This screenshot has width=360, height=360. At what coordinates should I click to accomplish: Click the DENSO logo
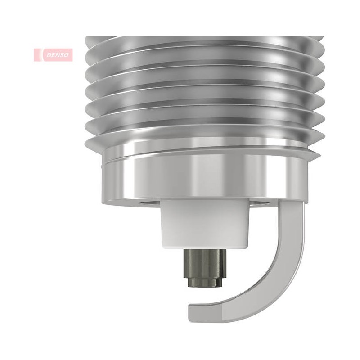click(x=53, y=55)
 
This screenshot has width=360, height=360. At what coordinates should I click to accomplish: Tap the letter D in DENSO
click(x=49, y=55)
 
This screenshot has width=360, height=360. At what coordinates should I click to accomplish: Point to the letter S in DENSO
click(x=61, y=55)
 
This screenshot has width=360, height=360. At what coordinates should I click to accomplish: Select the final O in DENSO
click(x=66, y=55)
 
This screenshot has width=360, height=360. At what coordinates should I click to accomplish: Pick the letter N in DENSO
click(x=57, y=55)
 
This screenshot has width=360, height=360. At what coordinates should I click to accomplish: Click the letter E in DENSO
click(x=53, y=55)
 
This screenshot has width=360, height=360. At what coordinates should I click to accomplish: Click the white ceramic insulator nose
click(x=205, y=224)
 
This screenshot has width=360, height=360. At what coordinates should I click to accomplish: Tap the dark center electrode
click(x=205, y=268)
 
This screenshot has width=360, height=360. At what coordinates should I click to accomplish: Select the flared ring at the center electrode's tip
click(x=205, y=282)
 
